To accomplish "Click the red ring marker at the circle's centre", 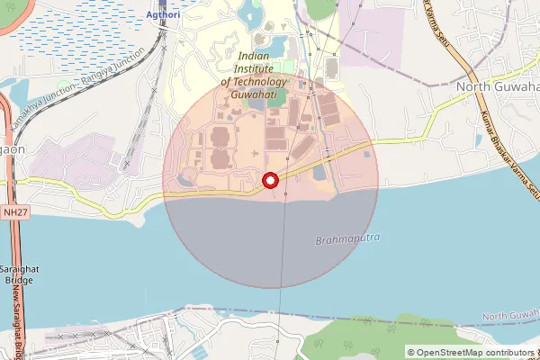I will [x=269, y=181].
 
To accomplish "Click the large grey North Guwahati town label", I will [x=497, y=86].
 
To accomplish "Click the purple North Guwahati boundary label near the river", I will [x=509, y=316].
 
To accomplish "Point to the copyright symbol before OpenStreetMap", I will [x=411, y=352].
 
